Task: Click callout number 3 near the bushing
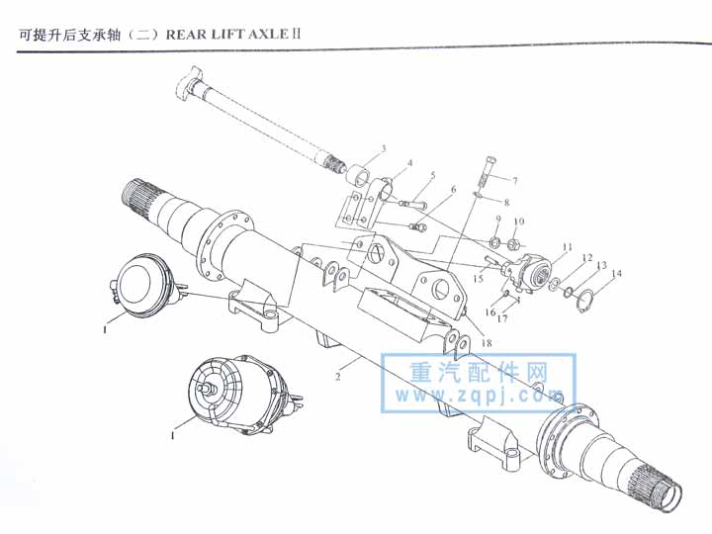tap(384, 148)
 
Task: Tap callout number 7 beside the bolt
tap(515, 181)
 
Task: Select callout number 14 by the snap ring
tap(617, 273)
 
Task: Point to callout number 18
tap(487, 343)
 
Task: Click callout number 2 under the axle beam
tap(338, 377)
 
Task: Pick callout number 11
tap(568, 247)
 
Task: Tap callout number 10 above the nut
tap(519, 222)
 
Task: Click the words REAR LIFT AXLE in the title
tap(227, 35)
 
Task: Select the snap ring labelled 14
tap(584, 301)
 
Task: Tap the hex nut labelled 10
tap(513, 245)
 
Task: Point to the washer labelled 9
tap(495, 242)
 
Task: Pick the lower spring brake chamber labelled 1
tap(243, 394)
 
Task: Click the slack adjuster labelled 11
tap(530, 273)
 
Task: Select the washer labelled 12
tap(554, 285)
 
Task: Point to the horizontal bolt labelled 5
tap(413, 206)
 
